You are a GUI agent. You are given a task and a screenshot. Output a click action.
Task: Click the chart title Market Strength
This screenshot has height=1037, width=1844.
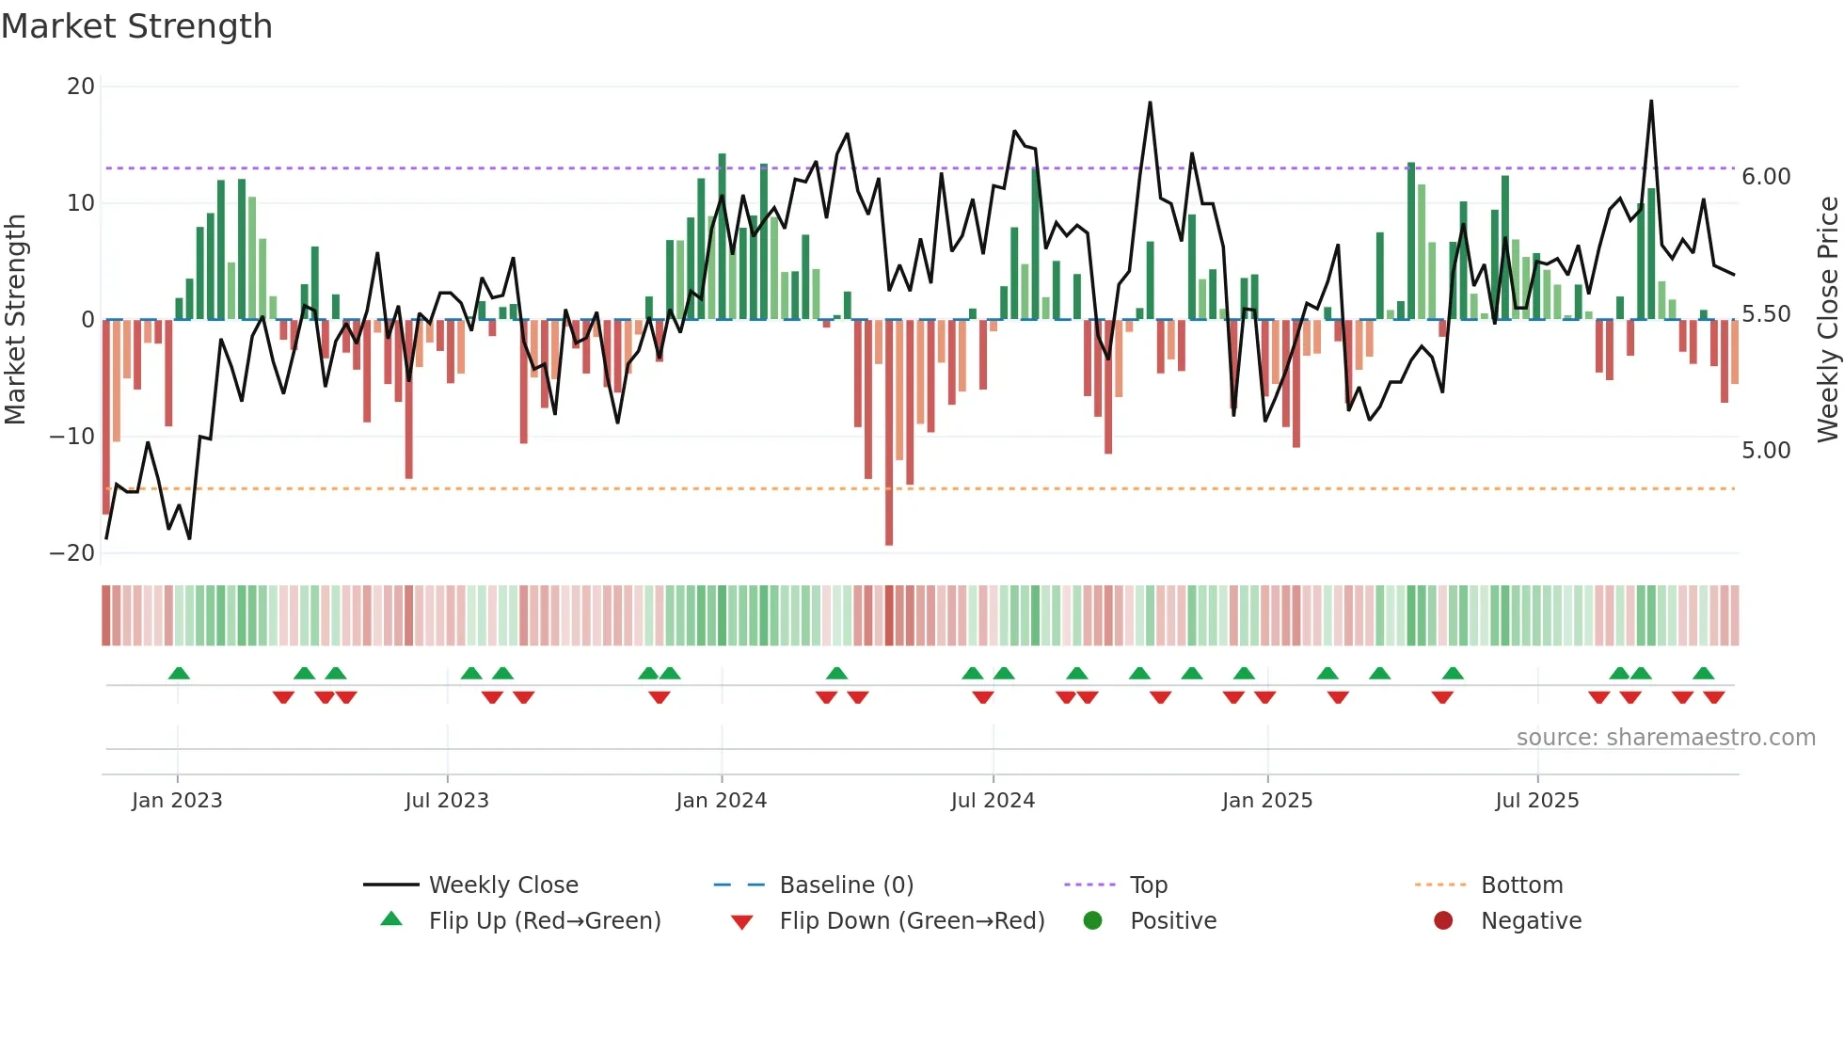136,26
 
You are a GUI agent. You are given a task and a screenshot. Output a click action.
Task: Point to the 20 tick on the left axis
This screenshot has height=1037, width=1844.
81,87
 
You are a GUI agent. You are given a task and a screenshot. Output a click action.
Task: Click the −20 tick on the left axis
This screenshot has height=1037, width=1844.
72,553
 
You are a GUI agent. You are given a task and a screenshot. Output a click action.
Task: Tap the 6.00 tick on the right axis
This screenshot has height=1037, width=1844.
1766,177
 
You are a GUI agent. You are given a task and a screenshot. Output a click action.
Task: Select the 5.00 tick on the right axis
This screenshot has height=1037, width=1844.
1766,451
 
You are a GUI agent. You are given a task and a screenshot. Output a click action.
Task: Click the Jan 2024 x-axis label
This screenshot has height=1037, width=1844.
721,801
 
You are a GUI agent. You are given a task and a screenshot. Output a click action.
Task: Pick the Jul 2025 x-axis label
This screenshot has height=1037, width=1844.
1536,801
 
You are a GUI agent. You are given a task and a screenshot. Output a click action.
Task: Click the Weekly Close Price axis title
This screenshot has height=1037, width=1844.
1827,320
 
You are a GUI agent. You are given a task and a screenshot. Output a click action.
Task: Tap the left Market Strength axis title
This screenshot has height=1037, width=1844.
15,320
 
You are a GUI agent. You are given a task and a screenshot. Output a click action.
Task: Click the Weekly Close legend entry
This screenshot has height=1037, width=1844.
502,885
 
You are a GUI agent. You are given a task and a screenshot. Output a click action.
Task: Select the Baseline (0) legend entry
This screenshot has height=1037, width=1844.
846,885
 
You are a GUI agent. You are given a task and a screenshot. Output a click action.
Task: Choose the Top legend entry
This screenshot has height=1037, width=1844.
1148,885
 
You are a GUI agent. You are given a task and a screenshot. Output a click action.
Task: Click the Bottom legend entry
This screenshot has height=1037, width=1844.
1521,885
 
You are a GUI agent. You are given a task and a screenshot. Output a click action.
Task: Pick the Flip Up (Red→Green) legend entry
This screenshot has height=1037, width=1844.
544,921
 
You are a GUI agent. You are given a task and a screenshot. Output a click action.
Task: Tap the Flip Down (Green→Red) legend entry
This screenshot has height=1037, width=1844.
911,921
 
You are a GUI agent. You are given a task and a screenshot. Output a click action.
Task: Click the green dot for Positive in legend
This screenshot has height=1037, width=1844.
1092,921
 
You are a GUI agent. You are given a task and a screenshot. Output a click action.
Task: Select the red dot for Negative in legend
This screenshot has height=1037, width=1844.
1443,921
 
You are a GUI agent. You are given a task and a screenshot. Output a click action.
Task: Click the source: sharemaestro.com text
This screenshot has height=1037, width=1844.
1665,738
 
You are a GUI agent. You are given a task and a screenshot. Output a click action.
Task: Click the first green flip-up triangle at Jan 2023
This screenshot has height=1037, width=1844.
179,673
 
